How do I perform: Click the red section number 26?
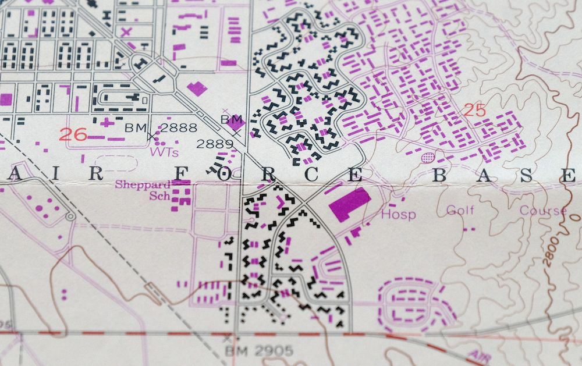tap(73, 135)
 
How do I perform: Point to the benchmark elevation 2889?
tap(211, 143)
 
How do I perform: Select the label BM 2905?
tap(259, 351)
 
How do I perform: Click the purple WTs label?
tap(164, 152)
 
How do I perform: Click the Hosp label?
tap(399, 215)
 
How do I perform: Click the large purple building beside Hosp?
tap(349, 204)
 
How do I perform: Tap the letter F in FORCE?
tap(182, 173)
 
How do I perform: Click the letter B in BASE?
tap(441, 173)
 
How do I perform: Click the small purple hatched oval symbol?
tap(428, 157)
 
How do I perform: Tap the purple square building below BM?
tap(236, 122)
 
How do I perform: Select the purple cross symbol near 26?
tap(105, 122)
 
